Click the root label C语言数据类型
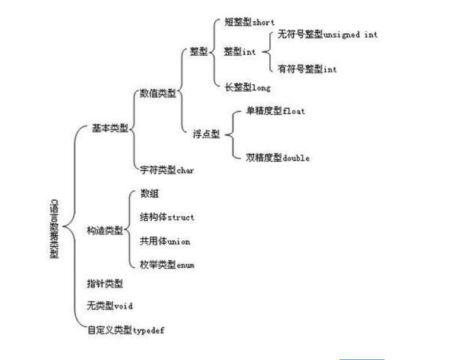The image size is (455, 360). tap(53, 228)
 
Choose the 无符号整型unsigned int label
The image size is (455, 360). tap(326, 35)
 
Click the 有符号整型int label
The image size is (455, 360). tap(306, 70)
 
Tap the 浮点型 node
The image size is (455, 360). tap(206, 135)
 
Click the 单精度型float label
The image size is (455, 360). tap(275, 112)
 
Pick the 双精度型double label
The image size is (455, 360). tap(278, 158)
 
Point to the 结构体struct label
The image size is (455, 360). tap(167, 217)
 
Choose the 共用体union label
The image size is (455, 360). tap(164, 241)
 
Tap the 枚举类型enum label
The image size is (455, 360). tap(167, 265)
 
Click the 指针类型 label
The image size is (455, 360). tap(104, 283)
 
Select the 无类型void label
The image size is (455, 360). tap(109, 306)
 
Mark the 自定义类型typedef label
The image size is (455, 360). tap(126, 330)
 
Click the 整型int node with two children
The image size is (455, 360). tap(240, 52)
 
